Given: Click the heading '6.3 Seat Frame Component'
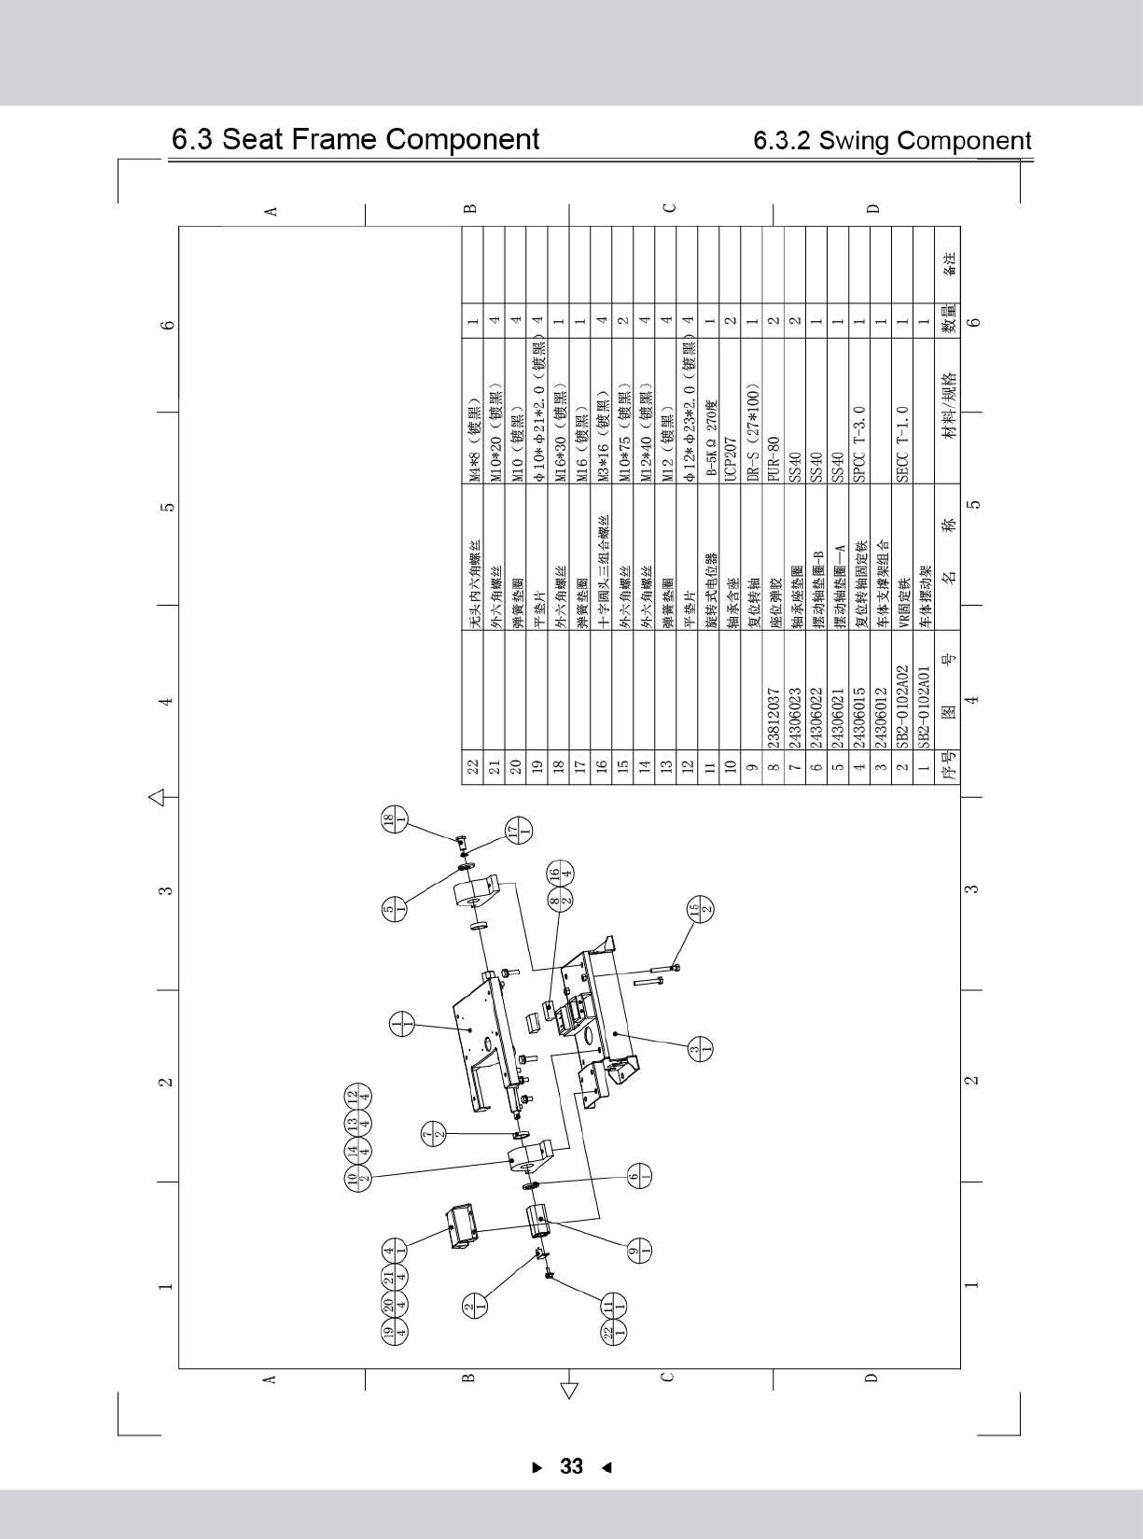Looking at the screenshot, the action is point(355,140).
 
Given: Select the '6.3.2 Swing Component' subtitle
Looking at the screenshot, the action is point(892,141).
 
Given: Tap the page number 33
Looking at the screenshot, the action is point(571,1466).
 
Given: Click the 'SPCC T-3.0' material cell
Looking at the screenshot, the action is point(859,443).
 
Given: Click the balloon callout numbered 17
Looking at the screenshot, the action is point(518,831).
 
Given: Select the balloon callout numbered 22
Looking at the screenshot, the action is point(608,1333).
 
